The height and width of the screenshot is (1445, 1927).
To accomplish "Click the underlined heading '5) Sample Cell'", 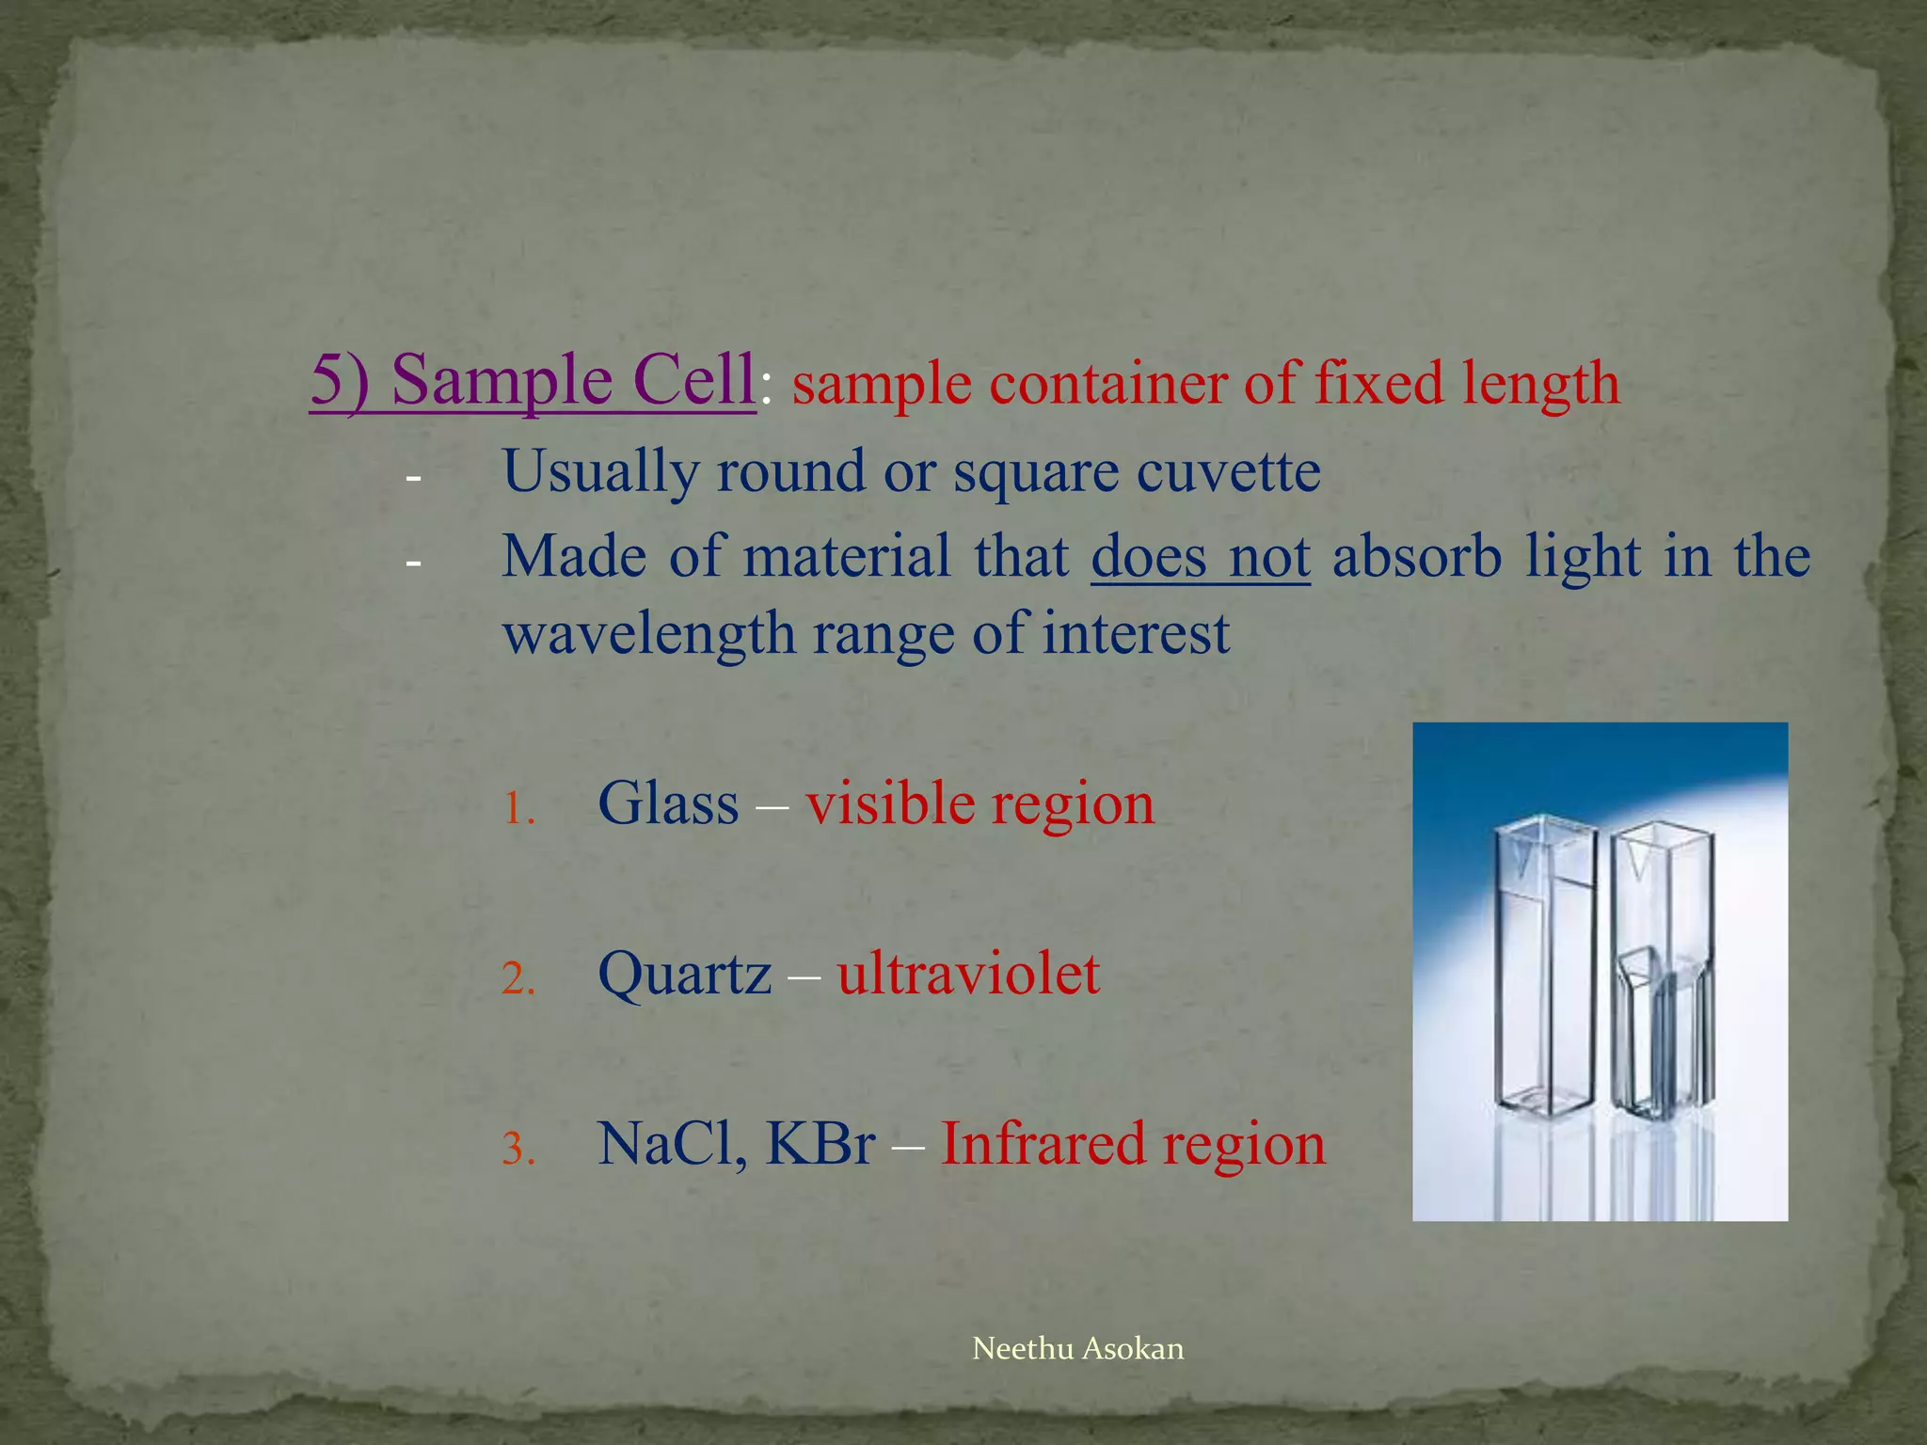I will click(533, 381).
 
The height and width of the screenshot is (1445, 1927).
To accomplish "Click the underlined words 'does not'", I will click(1200, 556).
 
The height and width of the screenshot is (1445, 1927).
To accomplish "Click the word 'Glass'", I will click(668, 804).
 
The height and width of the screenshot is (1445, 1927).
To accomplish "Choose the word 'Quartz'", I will click(684, 975).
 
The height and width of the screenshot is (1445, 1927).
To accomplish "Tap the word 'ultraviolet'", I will click(968, 975).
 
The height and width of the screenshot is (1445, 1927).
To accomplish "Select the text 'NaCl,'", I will click(672, 1145).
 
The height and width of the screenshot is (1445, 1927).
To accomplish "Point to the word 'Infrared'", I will click(1042, 1145).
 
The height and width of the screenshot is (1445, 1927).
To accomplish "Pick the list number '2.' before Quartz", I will click(518, 979).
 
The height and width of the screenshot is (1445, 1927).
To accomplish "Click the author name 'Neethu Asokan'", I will click(1077, 1349).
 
